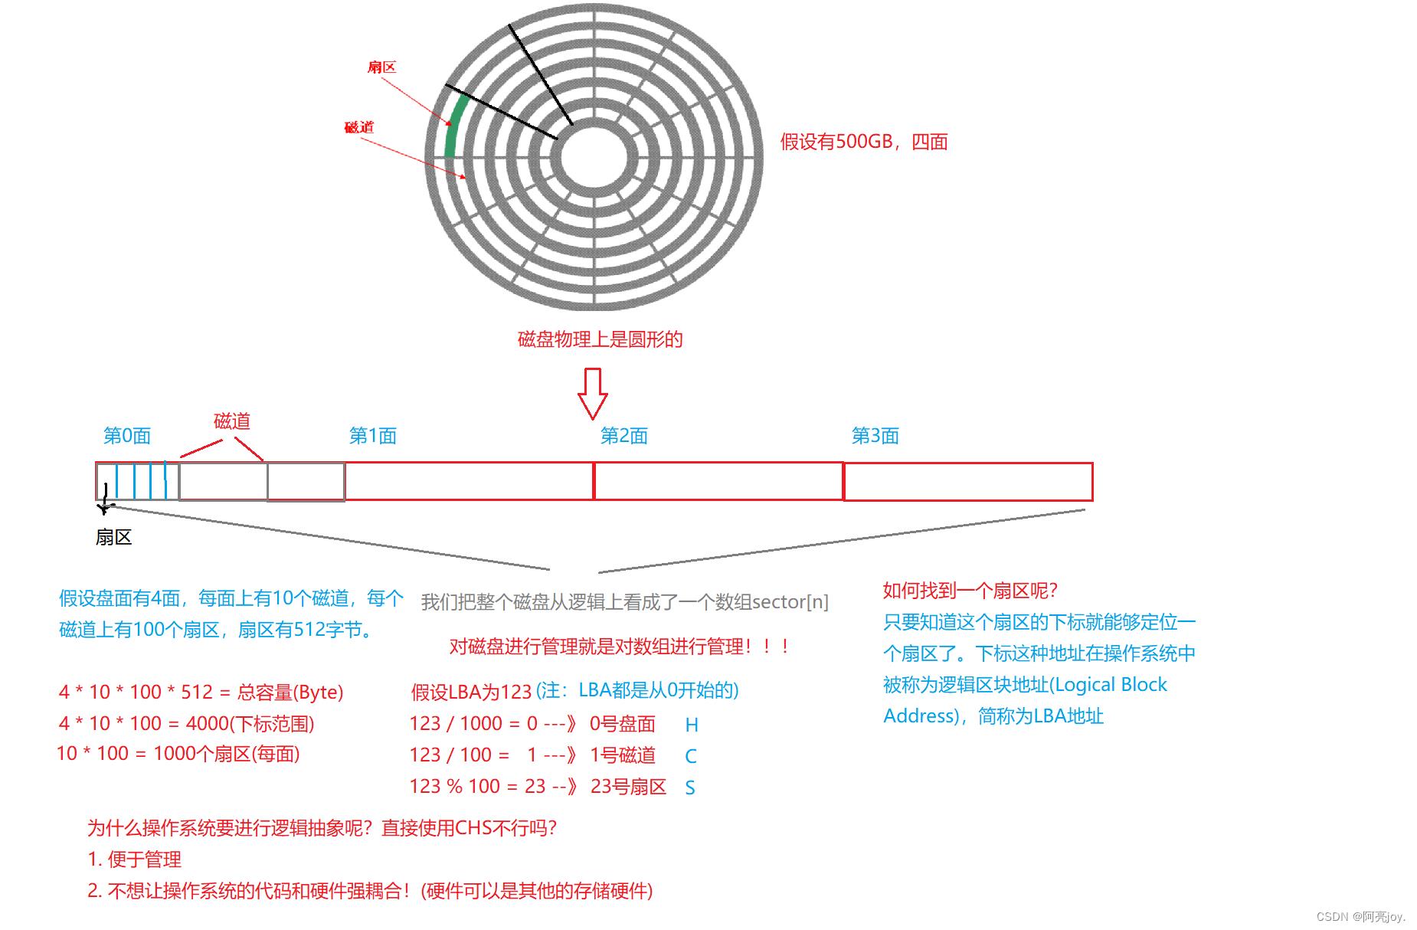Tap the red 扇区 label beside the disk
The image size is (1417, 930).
pos(381,67)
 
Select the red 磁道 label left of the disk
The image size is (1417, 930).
pos(358,127)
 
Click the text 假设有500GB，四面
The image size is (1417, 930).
pos(864,142)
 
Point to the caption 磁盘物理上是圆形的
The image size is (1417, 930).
pos(600,339)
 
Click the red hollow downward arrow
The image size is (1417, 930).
pos(592,393)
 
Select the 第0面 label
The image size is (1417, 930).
pos(127,436)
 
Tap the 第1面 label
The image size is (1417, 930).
pos(373,436)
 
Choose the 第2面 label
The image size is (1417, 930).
pos(624,436)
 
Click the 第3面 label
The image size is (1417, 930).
pos(875,436)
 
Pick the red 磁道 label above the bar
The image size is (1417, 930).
pos(232,421)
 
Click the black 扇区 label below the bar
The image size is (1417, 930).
pos(114,537)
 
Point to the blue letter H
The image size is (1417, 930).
pos(692,725)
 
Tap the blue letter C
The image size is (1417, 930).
pos(691,756)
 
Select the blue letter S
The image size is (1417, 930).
pos(690,788)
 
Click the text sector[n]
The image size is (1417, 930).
pos(790,602)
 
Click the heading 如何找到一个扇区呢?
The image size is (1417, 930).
pos(970,591)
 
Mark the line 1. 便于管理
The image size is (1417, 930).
pos(135,860)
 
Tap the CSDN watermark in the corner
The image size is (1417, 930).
pos(1361,916)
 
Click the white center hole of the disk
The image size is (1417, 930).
pos(594,158)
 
